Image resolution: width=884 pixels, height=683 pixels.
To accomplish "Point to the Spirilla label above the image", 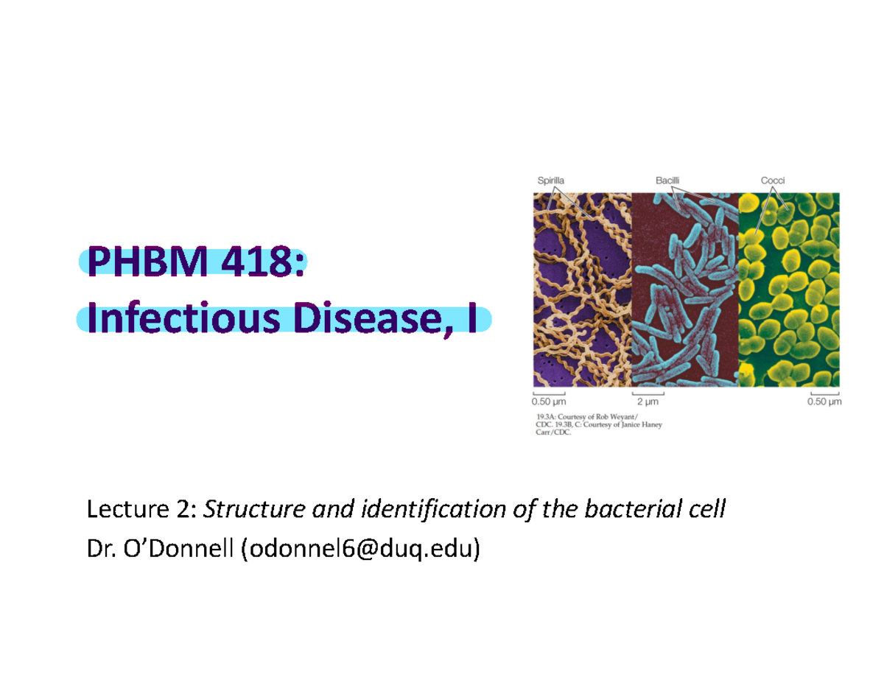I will point(549,178).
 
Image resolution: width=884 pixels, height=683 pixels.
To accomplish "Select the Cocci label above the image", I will point(773,178).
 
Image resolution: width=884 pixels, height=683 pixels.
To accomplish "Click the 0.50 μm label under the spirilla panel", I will point(549,403).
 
